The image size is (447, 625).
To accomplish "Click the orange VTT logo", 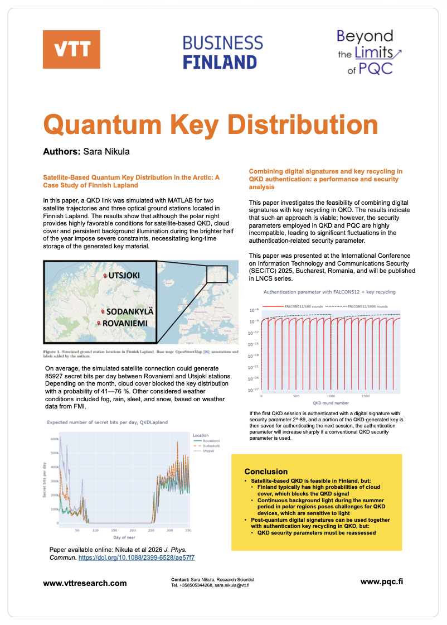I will coord(71,49).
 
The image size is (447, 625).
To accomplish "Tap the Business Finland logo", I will coord(223,52).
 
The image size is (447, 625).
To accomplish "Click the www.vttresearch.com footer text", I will coord(85,583).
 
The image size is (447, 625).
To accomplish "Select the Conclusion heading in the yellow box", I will coord(266,472).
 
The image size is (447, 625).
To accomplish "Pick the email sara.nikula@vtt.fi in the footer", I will coord(233,585).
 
